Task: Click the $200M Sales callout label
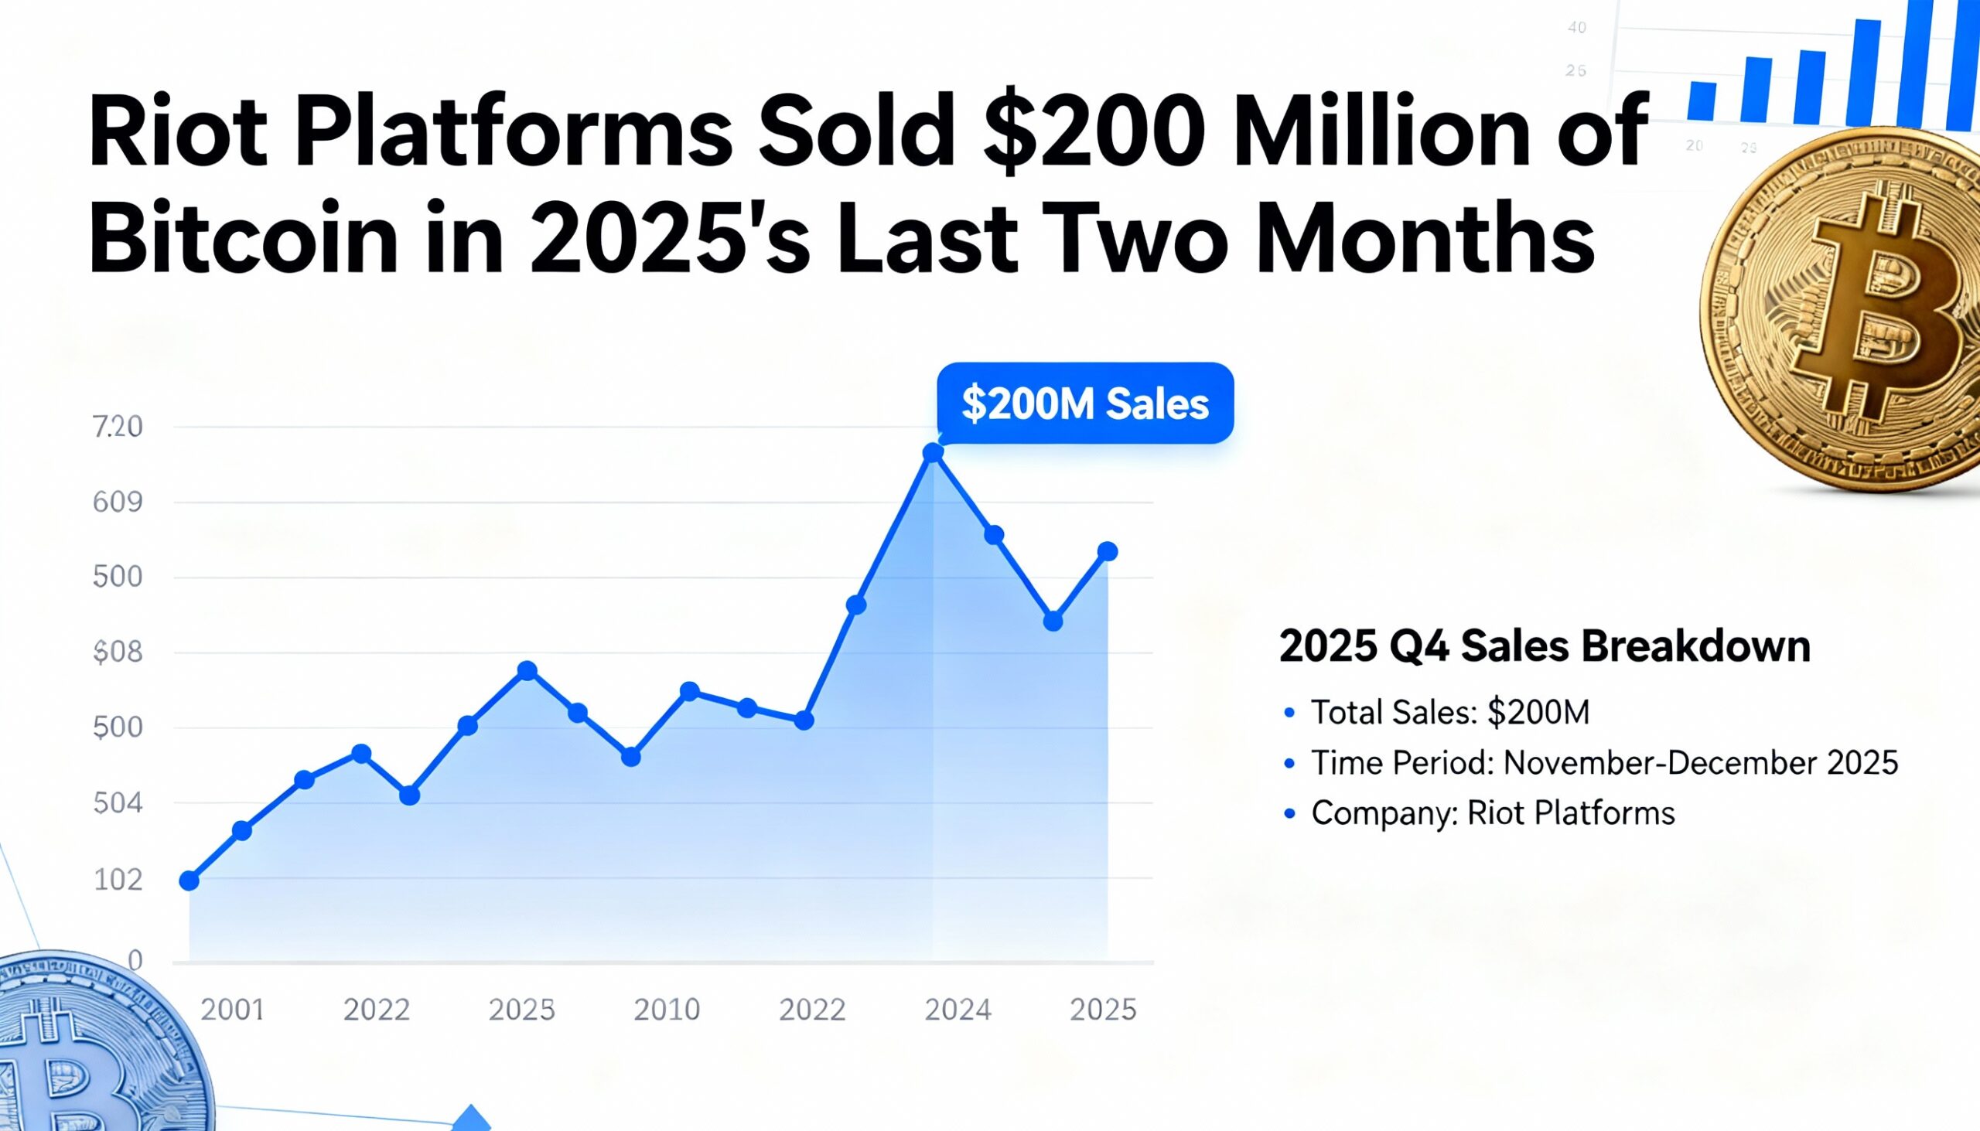coord(1085,403)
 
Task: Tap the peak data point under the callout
coord(933,453)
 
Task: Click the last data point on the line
coord(1108,551)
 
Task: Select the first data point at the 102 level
coord(189,880)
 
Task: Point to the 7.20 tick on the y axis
coord(118,427)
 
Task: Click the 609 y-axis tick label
coord(118,502)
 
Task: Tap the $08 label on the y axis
coord(118,652)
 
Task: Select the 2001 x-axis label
coord(232,1009)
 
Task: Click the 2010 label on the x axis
coord(667,1009)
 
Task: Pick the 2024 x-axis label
coord(958,1009)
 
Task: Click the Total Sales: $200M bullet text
coord(1450,711)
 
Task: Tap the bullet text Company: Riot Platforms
coord(1493,812)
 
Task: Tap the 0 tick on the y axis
coord(135,960)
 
